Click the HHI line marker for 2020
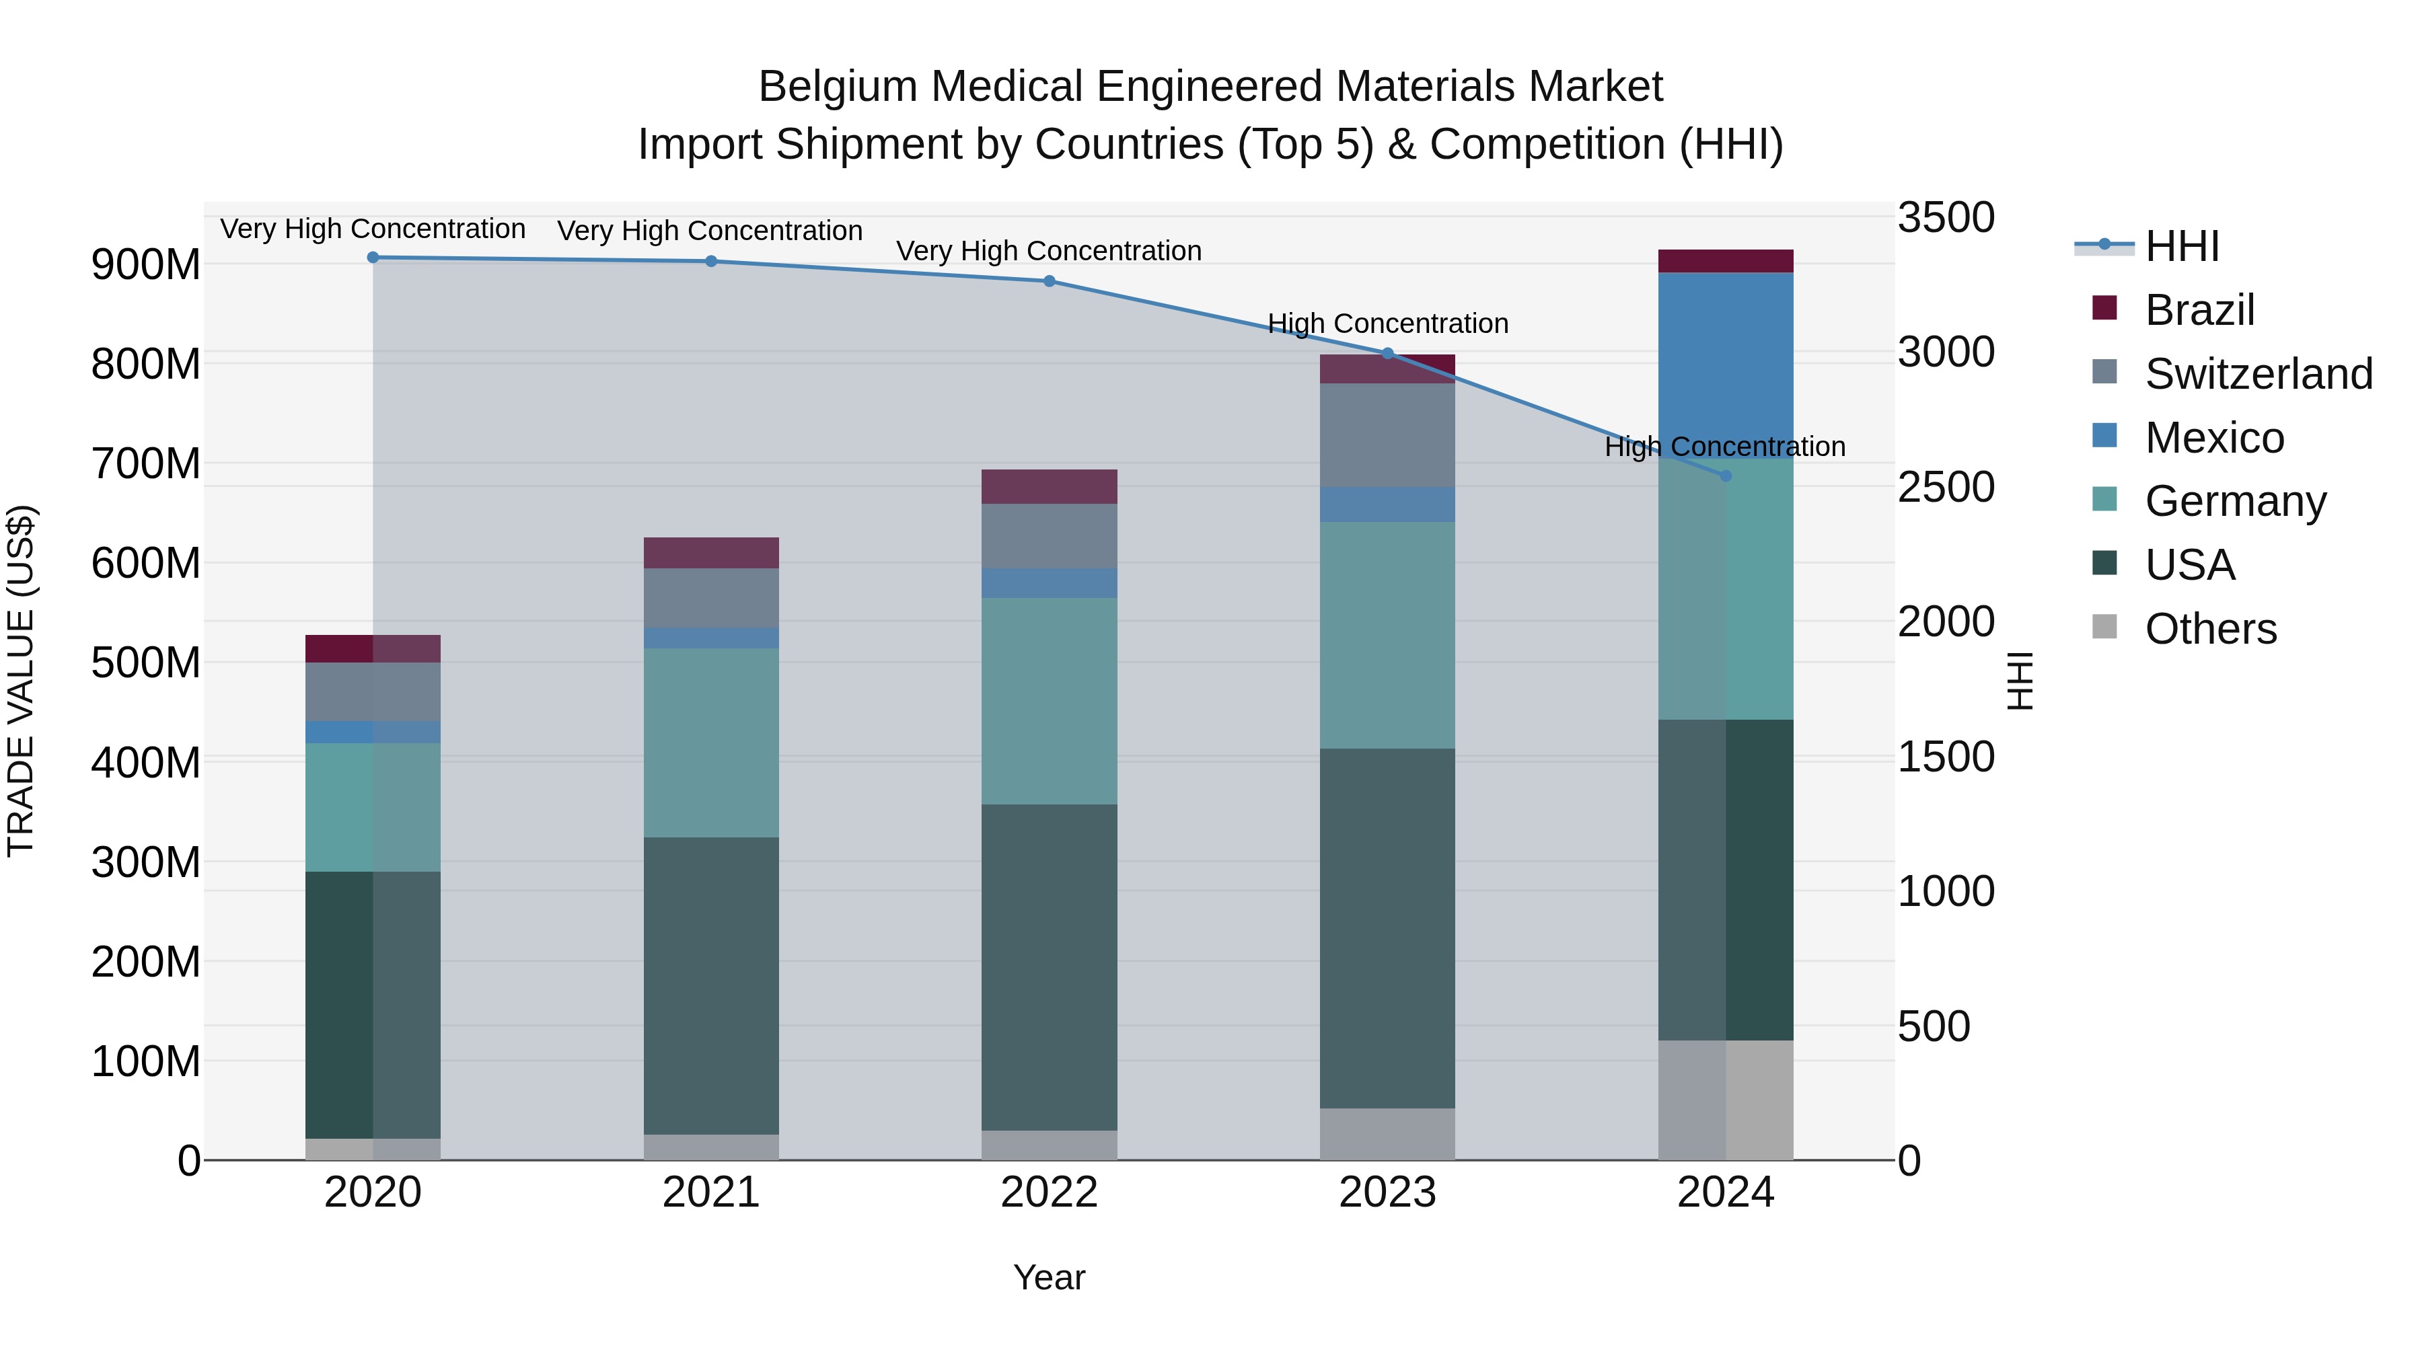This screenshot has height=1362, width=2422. (373, 258)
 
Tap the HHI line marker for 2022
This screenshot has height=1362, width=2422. (1050, 281)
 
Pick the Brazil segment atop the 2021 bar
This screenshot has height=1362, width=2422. (711, 553)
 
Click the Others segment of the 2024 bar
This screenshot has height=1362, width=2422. (1725, 1100)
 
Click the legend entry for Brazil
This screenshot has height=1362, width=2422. (2199, 310)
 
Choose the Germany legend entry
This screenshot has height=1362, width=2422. (2235, 501)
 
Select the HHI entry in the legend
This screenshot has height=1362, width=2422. (2181, 246)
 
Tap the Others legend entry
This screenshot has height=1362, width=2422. (2209, 629)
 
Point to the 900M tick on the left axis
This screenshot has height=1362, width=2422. (146, 265)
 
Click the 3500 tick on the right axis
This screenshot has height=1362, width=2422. (1945, 217)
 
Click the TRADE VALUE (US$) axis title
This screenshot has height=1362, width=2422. (21, 681)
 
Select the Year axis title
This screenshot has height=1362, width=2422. (1050, 1277)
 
